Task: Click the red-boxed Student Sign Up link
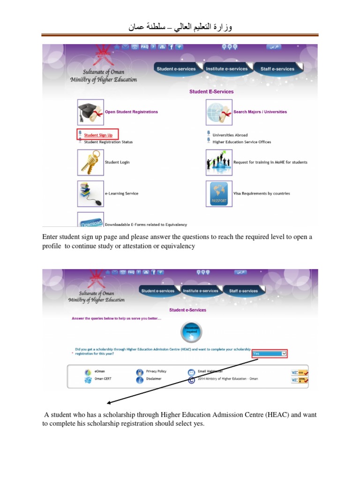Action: pyautogui.click(x=98, y=135)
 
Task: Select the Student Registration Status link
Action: pyautogui.click(x=108, y=142)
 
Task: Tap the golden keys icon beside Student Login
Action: pyautogui.click(x=90, y=162)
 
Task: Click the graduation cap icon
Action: pyautogui.click(x=90, y=112)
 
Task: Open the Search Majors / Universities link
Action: pyautogui.click(x=260, y=112)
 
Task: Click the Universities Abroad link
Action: pyautogui.click(x=230, y=135)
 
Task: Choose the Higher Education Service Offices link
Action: pyautogui.click(x=241, y=142)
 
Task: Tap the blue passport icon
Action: pyautogui.click(x=219, y=194)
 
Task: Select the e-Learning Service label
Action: pyautogui.click(x=121, y=194)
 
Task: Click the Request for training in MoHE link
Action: pyautogui.click(x=270, y=162)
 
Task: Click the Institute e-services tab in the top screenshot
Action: pyautogui.click(x=226, y=69)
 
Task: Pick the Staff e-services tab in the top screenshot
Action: pyautogui.click(x=277, y=69)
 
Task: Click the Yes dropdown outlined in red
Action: pyautogui.click(x=270, y=353)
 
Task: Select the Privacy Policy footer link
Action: pyautogui.click(x=156, y=371)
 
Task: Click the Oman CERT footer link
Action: pyautogui.click(x=103, y=379)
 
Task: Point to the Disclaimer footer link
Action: pyautogui.click(x=154, y=379)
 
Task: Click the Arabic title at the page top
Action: pyautogui.click(x=180, y=28)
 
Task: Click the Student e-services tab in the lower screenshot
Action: pyautogui.click(x=157, y=291)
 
